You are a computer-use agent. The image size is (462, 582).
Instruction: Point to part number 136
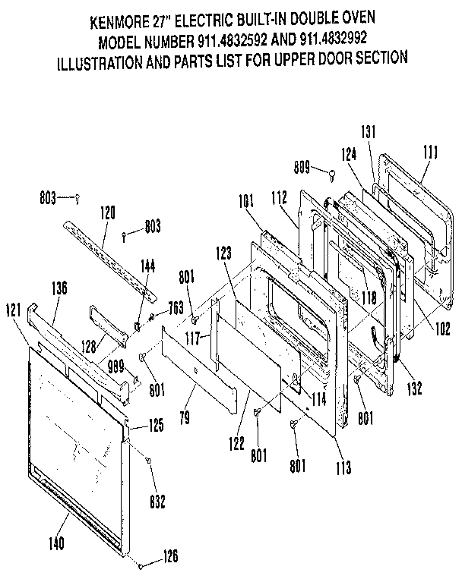[x=59, y=288]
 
